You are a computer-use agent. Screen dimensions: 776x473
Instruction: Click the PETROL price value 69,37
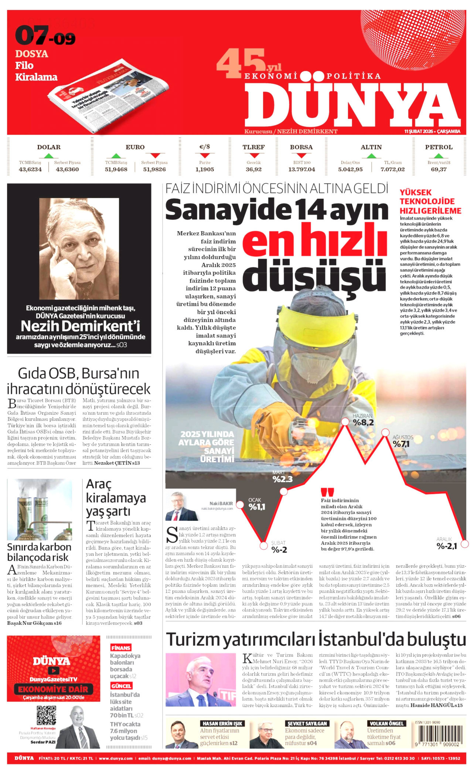click(439, 169)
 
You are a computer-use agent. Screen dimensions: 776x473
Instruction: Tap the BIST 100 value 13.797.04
click(302, 169)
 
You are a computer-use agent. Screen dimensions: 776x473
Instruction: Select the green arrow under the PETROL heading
click(439, 156)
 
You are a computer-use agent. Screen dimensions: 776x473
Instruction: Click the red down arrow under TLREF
click(253, 156)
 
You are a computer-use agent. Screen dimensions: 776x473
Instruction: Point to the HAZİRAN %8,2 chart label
click(363, 420)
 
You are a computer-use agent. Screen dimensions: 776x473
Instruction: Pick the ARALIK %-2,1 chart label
click(446, 543)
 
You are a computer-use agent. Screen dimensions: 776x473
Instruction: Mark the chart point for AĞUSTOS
click(385, 432)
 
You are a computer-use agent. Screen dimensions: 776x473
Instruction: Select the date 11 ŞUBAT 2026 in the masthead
click(432, 131)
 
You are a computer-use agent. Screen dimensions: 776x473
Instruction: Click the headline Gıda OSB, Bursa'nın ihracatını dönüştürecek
click(79, 381)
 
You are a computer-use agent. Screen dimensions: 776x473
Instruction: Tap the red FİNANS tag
click(121, 648)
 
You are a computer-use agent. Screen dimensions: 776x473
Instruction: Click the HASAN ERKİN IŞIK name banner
click(222, 723)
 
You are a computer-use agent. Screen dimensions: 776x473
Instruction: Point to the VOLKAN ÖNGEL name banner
click(386, 723)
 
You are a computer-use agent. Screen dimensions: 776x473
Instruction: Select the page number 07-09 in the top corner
click(45, 36)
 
